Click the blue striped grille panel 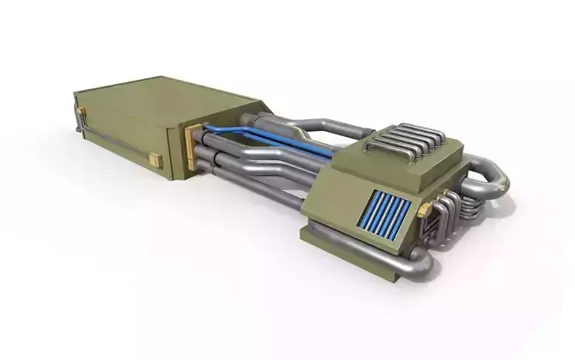(386, 214)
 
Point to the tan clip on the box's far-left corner (83, 111)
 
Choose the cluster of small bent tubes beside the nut (442, 213)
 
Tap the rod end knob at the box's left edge (76, 129)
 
